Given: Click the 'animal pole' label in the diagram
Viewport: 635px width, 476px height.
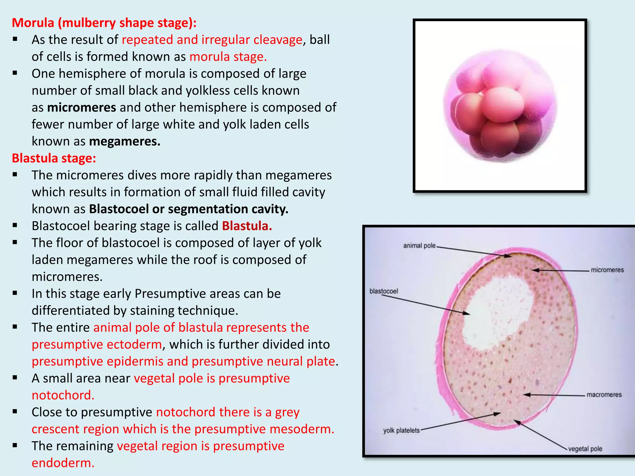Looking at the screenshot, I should click(x=419, y=246).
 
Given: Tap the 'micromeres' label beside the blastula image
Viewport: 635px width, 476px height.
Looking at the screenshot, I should click(x=607, y=270).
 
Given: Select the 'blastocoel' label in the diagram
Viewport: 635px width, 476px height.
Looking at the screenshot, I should click(x=384, y=291).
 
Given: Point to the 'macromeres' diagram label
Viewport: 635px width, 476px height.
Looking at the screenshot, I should click(x=604, y=395).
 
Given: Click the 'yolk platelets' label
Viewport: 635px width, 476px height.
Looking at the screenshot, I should click(x=401, y=430).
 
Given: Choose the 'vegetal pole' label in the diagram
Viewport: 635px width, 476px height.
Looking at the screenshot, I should click(x=585, y=449).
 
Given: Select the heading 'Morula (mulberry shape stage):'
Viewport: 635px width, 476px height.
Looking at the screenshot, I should click(x=104, y=23).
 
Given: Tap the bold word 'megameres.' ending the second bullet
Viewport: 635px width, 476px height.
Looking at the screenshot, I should click(x=125, y=141).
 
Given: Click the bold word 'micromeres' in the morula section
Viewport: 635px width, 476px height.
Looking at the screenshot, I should click(x=82, y=108).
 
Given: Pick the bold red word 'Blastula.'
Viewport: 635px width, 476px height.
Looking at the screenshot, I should click(x=247, y=226).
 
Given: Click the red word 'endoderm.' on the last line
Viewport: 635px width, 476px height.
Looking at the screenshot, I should click(x=63, y=463).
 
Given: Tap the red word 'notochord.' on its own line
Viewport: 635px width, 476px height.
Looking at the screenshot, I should click(x=63, y=395).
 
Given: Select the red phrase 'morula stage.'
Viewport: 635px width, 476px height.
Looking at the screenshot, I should click(x=228, y=57).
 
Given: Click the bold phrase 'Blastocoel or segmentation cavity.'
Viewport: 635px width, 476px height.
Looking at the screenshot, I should click(x=189, y=209).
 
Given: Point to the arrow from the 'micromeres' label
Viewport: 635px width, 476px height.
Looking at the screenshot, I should click(x=561, y=271).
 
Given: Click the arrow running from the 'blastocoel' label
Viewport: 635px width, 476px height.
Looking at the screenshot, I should click(x=425, y=304).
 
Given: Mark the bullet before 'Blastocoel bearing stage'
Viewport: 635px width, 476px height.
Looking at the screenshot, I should click(x=15, y=226).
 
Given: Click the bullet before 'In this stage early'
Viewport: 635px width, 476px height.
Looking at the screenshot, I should click(x=15, y=293).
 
